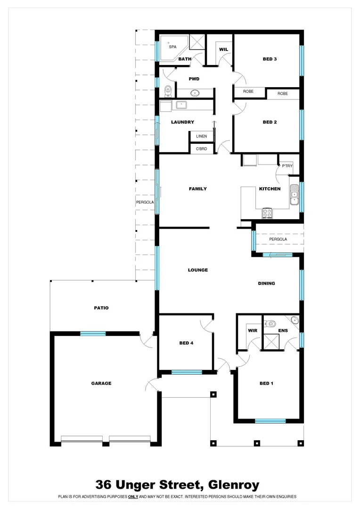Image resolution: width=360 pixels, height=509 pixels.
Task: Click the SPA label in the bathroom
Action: pyautogui.click(x=172, y=47)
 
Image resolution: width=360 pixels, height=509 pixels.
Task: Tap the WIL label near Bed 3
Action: pyautogui.click(x=223, y=49)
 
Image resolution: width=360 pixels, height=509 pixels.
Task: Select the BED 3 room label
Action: pyautogui.click(x=270, y=59)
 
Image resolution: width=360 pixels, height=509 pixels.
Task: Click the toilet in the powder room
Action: pyautogui.click(x=168, y=90)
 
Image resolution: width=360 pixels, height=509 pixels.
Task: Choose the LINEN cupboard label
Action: pyautogui.click(x=201, y=136)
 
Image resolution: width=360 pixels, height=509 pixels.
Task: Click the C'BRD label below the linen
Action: pyautogui.click(x=201, y=149)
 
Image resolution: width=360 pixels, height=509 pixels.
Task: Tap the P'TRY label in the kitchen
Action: pyautogui.click(x=287, y=166)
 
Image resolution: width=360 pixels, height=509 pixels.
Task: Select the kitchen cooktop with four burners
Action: pyautogui.click(x=267, y=213)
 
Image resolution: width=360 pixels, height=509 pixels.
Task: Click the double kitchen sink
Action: pyautogui.click(x=295, y=193)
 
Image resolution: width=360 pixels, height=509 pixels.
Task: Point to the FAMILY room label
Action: pyautogui.click(x=198, y=189)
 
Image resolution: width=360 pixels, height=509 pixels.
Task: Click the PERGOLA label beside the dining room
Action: pyautogui.click(x=278, y=239)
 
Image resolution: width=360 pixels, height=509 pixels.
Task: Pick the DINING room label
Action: pyautogui.click(x=266, y=284)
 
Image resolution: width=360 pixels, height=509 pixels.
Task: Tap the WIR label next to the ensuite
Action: pyautogui.click(x=252, y=330)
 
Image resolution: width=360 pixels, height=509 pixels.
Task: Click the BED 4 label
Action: pyautogui.click(x=186, y=343)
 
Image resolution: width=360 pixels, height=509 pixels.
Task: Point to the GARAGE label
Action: pyautogui.click(x=101, y=383)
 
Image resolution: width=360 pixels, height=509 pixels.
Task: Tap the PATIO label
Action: pyautogui.click(x=101, y=308)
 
